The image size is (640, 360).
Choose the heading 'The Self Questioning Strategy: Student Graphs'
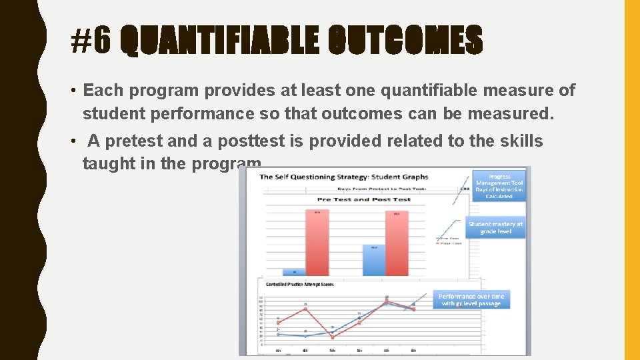343,177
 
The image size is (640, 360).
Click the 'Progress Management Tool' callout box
499,186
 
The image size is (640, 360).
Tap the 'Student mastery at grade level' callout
495,228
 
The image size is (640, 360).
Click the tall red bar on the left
317,242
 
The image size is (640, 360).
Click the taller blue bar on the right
374,260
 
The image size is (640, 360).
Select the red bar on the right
397,243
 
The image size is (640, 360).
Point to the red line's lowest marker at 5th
332,337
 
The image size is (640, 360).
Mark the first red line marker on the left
278,323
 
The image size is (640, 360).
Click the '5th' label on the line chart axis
332,349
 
